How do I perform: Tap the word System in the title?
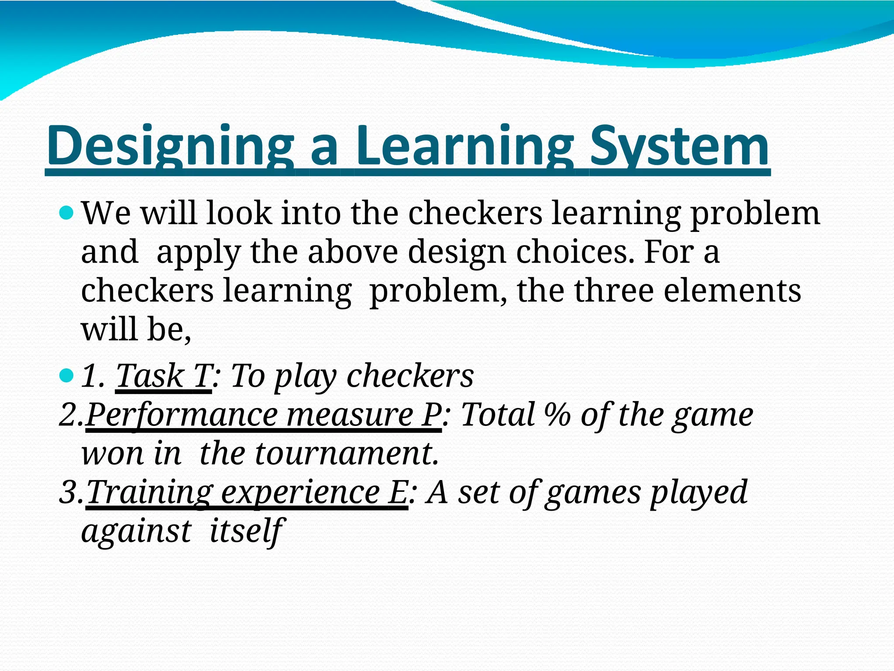pos(679,146)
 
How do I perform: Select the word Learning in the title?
pos(465,146)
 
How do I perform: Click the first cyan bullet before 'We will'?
pos(66,214)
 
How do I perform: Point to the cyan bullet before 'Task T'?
pos(66,375)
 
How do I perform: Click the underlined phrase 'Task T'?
pos(164,376)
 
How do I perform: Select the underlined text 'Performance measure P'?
pos(264,415)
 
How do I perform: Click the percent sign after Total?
pos(557,415)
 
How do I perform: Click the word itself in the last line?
pos(247,531)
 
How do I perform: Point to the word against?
pos(136,531)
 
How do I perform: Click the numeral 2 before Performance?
pos(68,415)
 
